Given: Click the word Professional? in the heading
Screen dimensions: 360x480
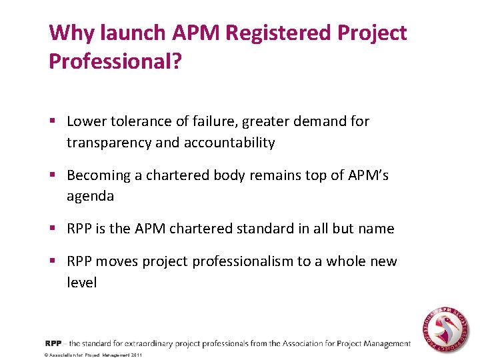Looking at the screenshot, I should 115,61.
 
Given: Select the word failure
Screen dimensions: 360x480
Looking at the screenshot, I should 216,121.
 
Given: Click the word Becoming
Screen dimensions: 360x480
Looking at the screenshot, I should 97,175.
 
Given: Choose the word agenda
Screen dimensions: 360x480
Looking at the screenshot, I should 90,197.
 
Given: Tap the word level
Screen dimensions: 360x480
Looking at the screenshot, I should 82,283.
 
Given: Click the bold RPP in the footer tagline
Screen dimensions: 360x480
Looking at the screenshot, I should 53,343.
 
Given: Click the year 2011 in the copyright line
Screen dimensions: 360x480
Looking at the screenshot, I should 136,355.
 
